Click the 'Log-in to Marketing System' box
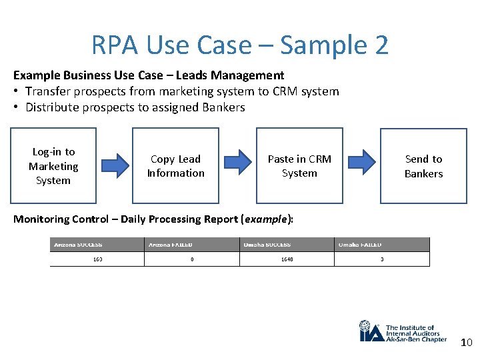click(x=53, y=166)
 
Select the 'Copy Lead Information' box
click(x=176, y=166)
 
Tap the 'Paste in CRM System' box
click(x=299, y=166)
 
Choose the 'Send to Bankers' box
click(x=423, y=166)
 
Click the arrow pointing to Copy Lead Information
click(x=114, y=166)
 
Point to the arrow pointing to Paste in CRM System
click(x=238, y=166)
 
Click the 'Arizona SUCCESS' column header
click(x=78, y=245)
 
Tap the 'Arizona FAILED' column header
click(x=170, y=245)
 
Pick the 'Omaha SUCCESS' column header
click(x=267, y=245)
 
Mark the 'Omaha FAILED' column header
click(x=360, y=245)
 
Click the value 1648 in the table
click(x=287, y=259)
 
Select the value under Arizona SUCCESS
click(x=97, y=259)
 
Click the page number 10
click(x=466, y=343)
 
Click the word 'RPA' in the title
click(x=115, y=45)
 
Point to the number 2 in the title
click(x=381, y=45)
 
